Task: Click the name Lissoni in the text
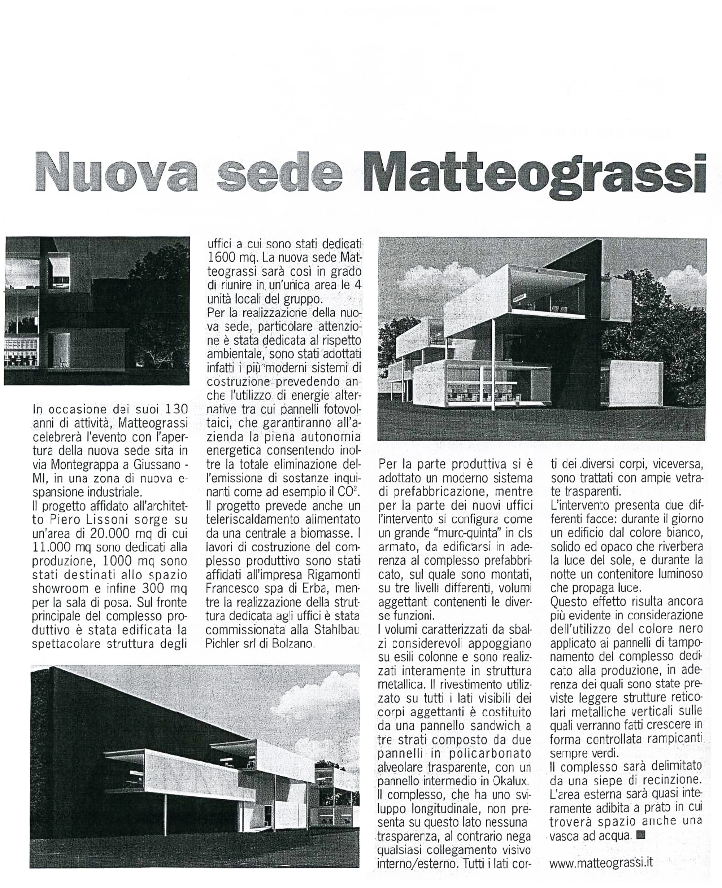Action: [x=134, y=520]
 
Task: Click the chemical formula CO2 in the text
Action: [x=348, y=492]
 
